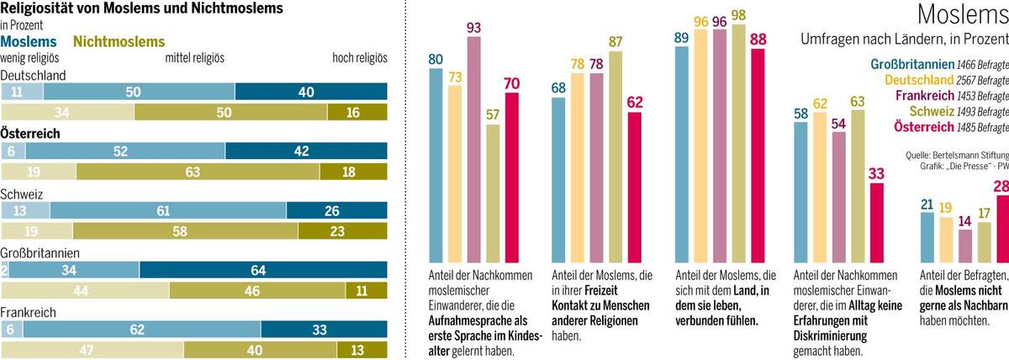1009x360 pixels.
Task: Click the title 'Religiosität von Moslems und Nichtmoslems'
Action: tap(141, 9)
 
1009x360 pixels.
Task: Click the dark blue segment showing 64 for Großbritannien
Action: tap(263, 270)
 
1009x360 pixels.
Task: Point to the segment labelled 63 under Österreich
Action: tap(198, 172)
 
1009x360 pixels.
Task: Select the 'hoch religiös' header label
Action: tap(360, 58)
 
